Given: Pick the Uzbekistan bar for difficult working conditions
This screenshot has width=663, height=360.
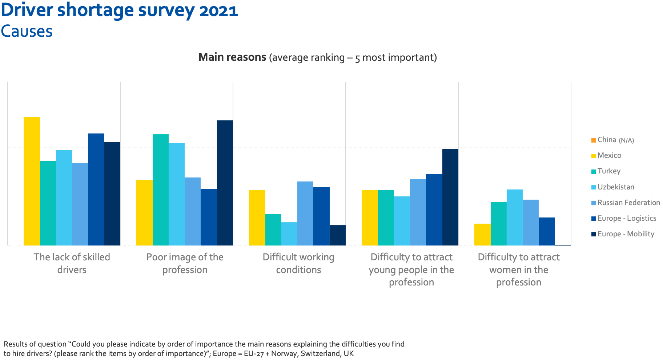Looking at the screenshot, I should click(x=289, y=234).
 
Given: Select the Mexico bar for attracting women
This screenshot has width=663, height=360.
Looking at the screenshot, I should click(x=482, y=235).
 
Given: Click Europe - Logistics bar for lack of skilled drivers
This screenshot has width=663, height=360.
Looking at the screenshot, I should click(x=96, y=189).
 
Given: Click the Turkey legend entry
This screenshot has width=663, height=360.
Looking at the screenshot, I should click(x=609, y=171).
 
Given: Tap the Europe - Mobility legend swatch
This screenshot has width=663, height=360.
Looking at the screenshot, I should click(x=594, y=234).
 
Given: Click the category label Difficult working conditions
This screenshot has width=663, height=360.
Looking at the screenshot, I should click(x=298, y=263).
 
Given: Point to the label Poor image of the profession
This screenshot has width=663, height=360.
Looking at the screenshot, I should click(x=185, y=263).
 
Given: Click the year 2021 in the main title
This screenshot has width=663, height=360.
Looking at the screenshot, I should click(x=218, y=10).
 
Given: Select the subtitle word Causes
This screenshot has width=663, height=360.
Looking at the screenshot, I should click(x=27, y=31).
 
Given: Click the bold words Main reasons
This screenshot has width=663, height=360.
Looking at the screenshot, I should click(x=232, y=57).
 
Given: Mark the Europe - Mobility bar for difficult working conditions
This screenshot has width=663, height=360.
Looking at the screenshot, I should click(x=337, y=235).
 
